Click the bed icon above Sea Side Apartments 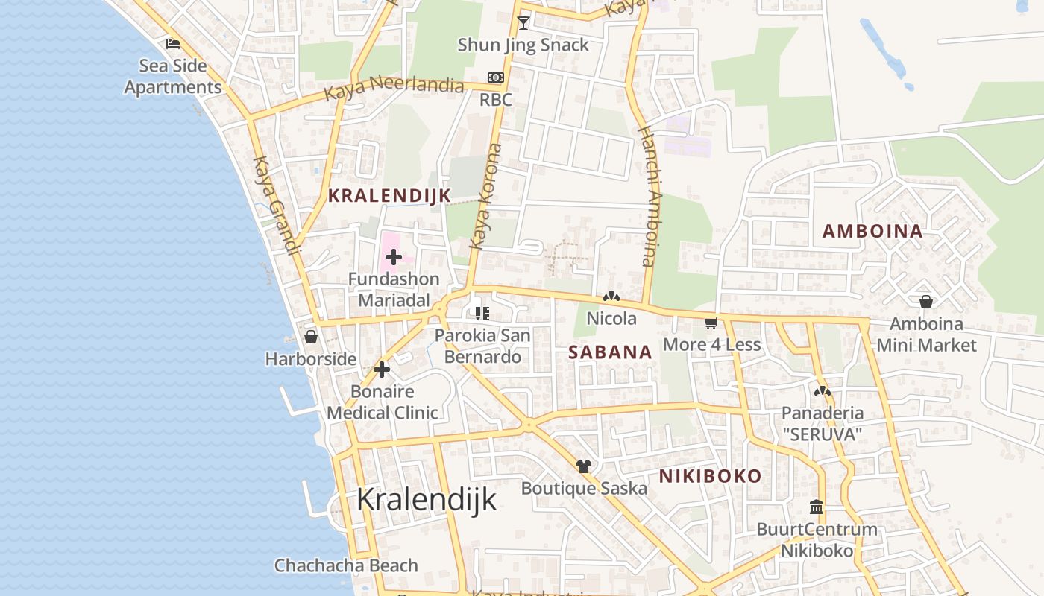coord(173,44)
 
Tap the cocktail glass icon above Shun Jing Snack coord(523,22)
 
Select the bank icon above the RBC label coord(495,77)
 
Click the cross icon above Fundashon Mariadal coord(394,258)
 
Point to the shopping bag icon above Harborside coord(311,337)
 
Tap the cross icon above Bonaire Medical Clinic coord(382,370)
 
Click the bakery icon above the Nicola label coord(611,297)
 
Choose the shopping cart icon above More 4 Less coord(711,323)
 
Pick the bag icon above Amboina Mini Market coord(926,302)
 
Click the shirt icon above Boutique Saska coord(584,466)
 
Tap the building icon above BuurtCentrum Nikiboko coord(817,507)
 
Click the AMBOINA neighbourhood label coord(872,231)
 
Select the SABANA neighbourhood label coord(610,352)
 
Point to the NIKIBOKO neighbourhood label coord(710,476)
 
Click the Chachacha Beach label coord(346,565)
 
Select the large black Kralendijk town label coord(426,499)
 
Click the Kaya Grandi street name coord(277,205)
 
